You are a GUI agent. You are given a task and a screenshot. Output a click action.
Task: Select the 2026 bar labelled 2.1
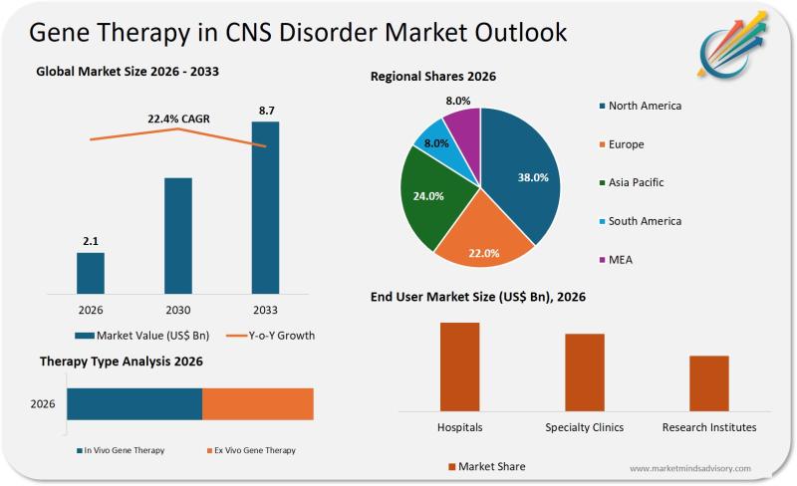(91, 273)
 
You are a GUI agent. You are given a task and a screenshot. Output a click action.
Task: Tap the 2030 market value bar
(178, 236)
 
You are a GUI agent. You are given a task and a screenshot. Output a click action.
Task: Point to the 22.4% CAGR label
(179, 120)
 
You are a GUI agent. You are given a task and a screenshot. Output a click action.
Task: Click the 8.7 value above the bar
(266, 110)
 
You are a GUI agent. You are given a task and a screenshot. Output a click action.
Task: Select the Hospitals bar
(459, 366)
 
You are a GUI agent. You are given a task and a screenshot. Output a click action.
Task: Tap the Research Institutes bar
(708, 383)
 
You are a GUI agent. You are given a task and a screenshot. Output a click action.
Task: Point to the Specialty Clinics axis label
(584, 427)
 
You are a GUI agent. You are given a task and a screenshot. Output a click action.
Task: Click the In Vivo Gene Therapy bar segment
(134, 404)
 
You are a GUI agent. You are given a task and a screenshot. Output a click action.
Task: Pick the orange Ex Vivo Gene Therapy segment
(258, 404)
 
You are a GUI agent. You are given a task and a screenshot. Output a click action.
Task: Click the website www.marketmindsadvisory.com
(690, 468)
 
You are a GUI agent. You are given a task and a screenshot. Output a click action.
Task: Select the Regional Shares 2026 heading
(433, 77)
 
